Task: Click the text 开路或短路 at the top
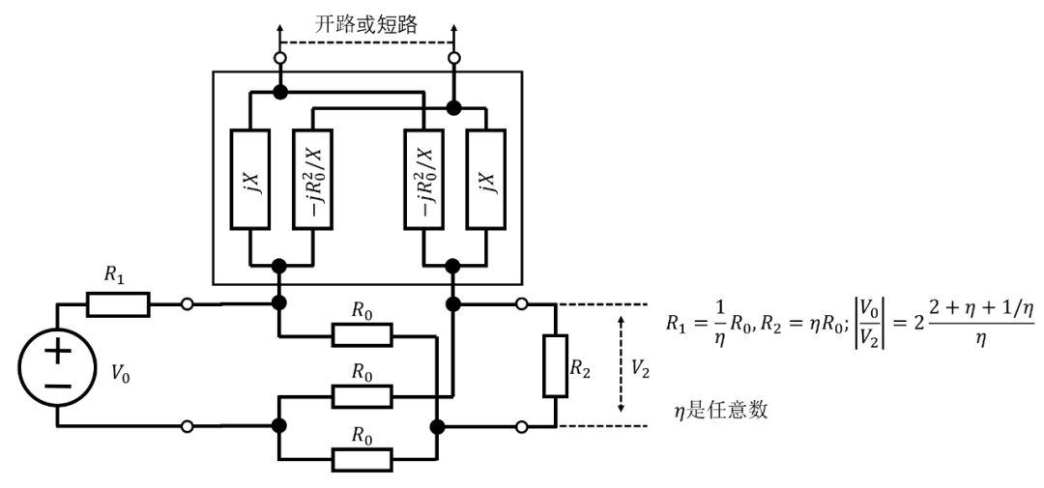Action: (366, 25)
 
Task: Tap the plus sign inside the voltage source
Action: (57, 353)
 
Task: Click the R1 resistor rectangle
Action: (118, 306)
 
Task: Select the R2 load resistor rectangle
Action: (555, 366)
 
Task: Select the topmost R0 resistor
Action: (362, 335)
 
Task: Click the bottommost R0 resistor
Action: (362, 457)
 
